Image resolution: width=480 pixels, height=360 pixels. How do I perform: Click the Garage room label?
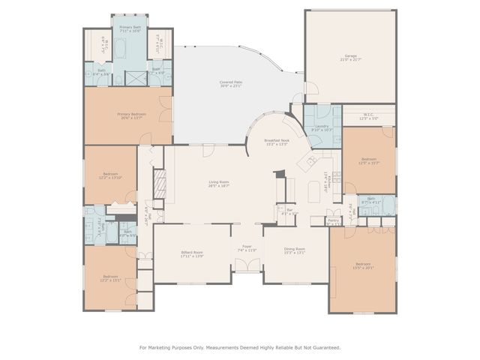[350, 57]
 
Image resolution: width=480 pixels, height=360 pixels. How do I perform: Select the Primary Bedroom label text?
[131, 115]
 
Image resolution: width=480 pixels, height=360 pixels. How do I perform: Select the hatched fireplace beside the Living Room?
[159, 184]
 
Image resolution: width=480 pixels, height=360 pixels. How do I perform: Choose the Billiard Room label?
[192, 253]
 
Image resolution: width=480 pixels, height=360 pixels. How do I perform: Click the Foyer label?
[247, 249]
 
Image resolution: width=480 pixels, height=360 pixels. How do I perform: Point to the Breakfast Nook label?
[276, 142]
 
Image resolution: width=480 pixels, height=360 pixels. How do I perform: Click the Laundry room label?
[322, 128]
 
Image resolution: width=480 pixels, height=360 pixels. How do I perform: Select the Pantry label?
[333, 220]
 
